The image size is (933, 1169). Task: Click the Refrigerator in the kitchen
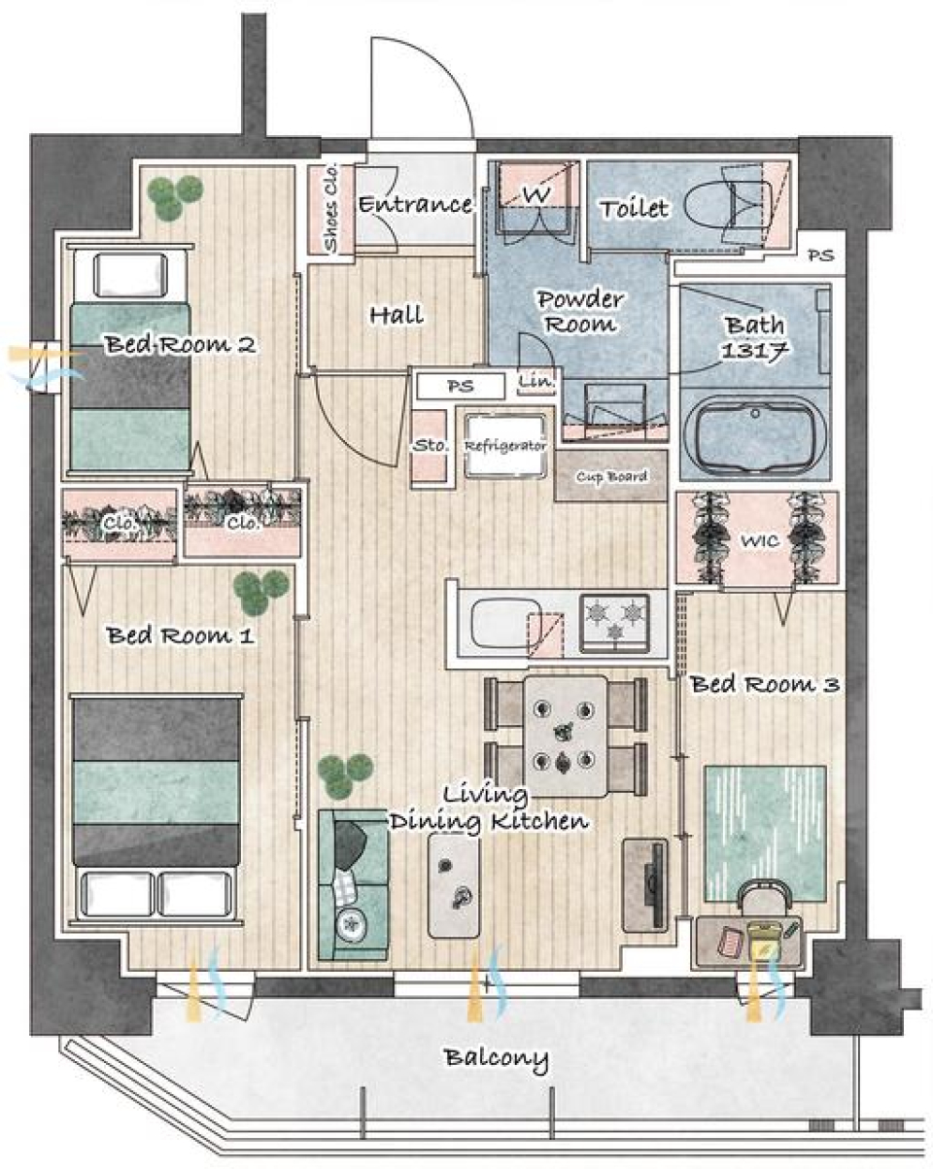point(505,445)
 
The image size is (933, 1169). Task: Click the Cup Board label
point(611,476)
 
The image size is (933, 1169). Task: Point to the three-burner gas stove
point(614,623)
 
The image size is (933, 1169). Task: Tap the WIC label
point(760,540)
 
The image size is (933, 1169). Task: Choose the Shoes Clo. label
point(331,208)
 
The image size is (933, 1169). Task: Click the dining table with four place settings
point(566,736)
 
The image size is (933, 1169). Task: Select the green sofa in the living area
point(353,885)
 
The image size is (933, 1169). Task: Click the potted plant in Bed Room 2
point(174,196)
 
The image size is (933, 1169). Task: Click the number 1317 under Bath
point(754,351)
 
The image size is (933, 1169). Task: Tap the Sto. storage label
point(431,446)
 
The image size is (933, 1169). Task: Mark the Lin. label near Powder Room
point(536,380)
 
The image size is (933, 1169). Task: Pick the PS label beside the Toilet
point(820,255)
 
